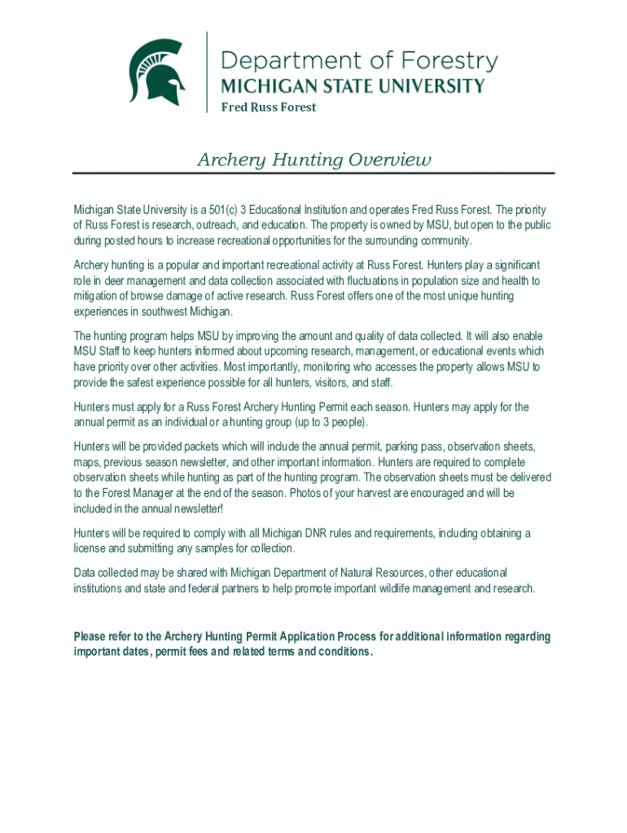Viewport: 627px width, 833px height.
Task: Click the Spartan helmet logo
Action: pyautogui.click(x=156, y=72)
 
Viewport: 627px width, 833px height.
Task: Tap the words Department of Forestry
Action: pyautogui.click(x=359, y=61)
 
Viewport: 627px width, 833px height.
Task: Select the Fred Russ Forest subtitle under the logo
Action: pyautogui.click(x=269, y=107)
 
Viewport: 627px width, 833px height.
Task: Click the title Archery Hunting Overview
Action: pyautogui.click(x=313, y=159)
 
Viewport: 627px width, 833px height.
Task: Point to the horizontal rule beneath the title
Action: pyautogui.click(x=313, y=173)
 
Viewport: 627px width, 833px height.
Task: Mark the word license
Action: pyautogui.click(x=90, y=549)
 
